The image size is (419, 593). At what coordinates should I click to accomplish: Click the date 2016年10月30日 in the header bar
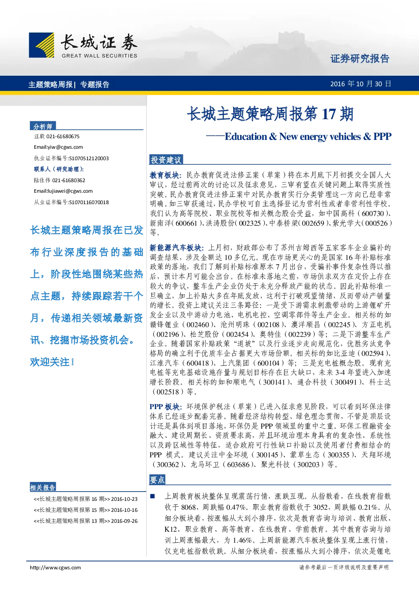[361, 84]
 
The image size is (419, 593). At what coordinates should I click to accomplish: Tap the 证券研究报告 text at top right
[360, 58]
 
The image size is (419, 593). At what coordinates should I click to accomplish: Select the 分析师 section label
[43, 126]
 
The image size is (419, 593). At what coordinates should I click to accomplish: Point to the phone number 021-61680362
[68, 180]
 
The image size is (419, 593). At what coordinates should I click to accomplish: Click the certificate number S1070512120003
[89, 158]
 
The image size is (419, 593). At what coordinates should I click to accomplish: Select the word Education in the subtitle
[246, 137]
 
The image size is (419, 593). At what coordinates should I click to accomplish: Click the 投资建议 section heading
[166, 160]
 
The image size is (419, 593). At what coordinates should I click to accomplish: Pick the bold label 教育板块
[165, 175]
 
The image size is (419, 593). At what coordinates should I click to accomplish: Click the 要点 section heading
[158, 480]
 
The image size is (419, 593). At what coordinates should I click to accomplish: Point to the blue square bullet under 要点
[152, 496]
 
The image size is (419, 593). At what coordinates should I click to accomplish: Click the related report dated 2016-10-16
[86, 510]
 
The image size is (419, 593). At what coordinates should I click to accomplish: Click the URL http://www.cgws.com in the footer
[55, 568]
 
